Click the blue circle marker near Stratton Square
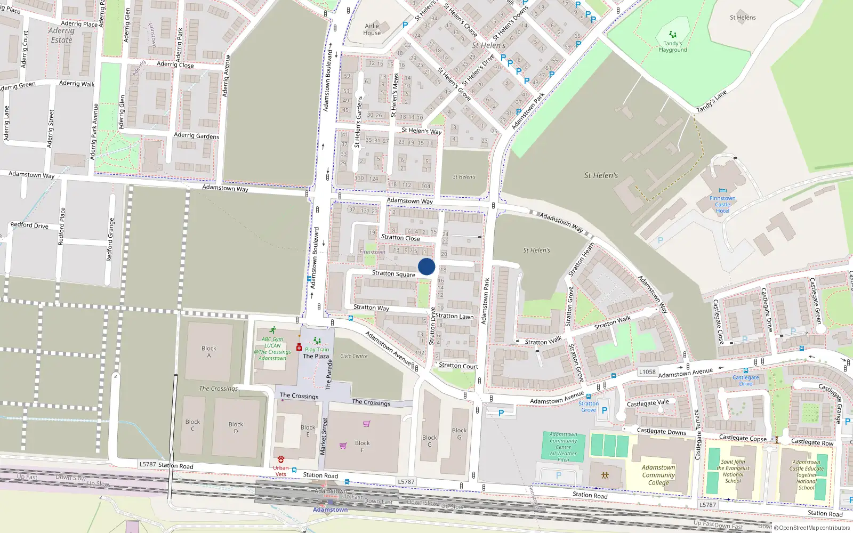point(426,266)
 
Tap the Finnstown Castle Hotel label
point(722,205)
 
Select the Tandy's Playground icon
point(673,35)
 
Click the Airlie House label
point(372,29)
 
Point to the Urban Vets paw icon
point(281,459)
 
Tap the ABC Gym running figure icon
point(273,330)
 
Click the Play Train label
point(317,350)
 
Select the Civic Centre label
point(354,356)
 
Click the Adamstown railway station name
point(330,510)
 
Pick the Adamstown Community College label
point(658,475)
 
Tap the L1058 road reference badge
point(647,372)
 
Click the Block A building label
point(209,352)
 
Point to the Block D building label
point(236,428)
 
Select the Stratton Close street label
point(400,238)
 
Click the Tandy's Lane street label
point(711,101)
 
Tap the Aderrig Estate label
point(61,35)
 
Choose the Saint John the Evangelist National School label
point(733,471)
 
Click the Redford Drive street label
point(29,225)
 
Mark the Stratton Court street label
point(458,366)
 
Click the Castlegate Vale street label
point(648,403)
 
